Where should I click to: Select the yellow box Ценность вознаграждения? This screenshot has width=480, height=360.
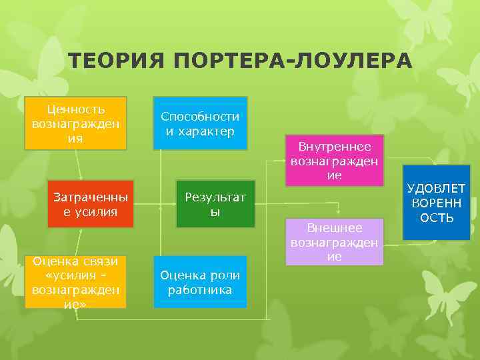click(x=75, y=123)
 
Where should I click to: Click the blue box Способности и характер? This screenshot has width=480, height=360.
click(x=200, y=123)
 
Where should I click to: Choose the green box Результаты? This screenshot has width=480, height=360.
click(x=215, y=204)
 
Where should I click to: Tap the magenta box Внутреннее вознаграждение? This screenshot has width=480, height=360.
click(x=334, y=161)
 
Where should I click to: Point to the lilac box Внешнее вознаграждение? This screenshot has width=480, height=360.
click(x=334, y=242)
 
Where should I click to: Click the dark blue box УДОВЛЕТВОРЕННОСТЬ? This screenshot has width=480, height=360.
click(x=437, y=203)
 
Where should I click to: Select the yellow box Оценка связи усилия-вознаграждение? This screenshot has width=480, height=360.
click(x=75, y=282)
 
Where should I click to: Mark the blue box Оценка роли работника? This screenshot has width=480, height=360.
click(x=200, y=282)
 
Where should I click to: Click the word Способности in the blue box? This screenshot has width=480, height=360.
click(x=200, y=116)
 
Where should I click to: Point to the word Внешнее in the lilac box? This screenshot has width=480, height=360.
click(x=335, y=227)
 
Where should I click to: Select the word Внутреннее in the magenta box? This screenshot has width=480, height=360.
click(x=335, y=146)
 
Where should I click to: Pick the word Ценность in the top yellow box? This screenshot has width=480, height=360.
click(x=75, y=109)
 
